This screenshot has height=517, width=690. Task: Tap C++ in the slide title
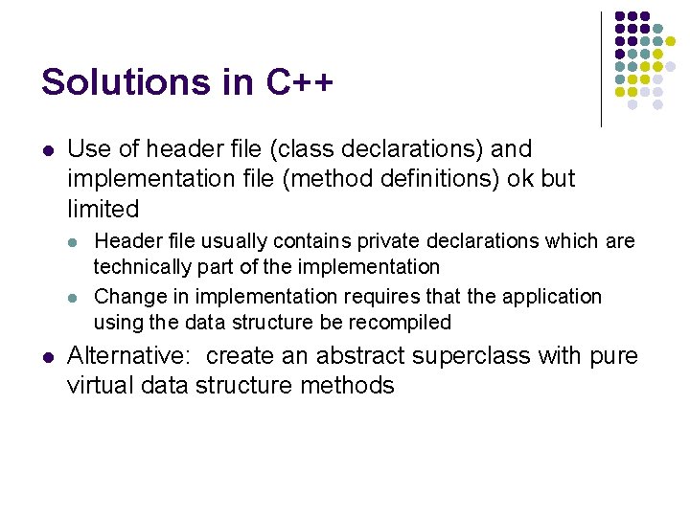(299, 82)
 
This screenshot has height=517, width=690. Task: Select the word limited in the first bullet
(103, 209)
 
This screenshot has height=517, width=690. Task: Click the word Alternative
(130, 356)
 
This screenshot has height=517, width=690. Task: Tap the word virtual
(99, 386)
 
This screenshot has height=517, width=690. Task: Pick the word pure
(613, 356)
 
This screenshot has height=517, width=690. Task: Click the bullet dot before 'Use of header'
(47, 150)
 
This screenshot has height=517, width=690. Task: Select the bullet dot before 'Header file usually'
(76, 242)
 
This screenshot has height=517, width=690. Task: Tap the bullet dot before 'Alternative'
(47, 357)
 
